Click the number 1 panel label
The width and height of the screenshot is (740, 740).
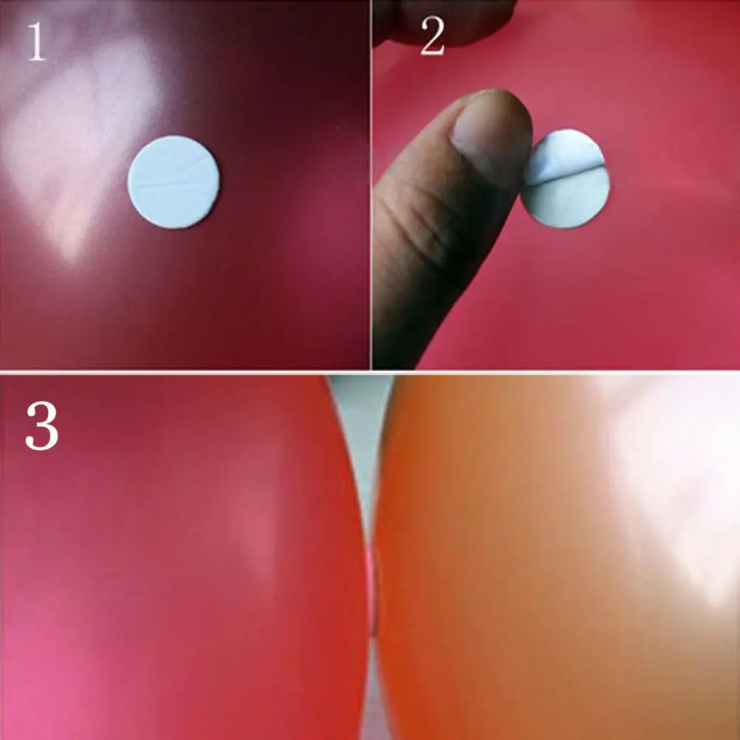click(x=35, y=44)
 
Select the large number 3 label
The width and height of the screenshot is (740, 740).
click(x=41, y=428)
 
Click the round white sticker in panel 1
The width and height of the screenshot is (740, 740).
click(x=174, y=182)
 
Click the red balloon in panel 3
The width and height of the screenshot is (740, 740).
click(x=177, y=561)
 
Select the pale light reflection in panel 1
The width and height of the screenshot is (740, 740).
click(x=66, y=148)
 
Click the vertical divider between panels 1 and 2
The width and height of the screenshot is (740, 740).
click(x=371, y=185)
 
